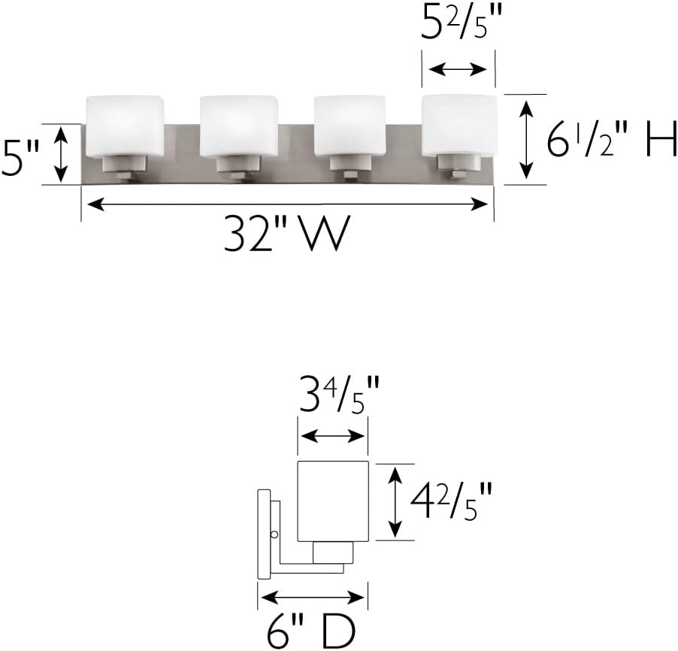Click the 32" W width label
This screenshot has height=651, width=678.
click(x=286, y=234)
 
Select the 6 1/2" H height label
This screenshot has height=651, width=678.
click(x=611, y=138)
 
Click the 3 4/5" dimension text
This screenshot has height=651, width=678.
click(x=339, y=394)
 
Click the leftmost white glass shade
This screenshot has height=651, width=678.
click(x=125, y=126)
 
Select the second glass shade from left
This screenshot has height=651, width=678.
click(x=239, y=126)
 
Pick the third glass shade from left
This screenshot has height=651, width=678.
click(x=350, y=126)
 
